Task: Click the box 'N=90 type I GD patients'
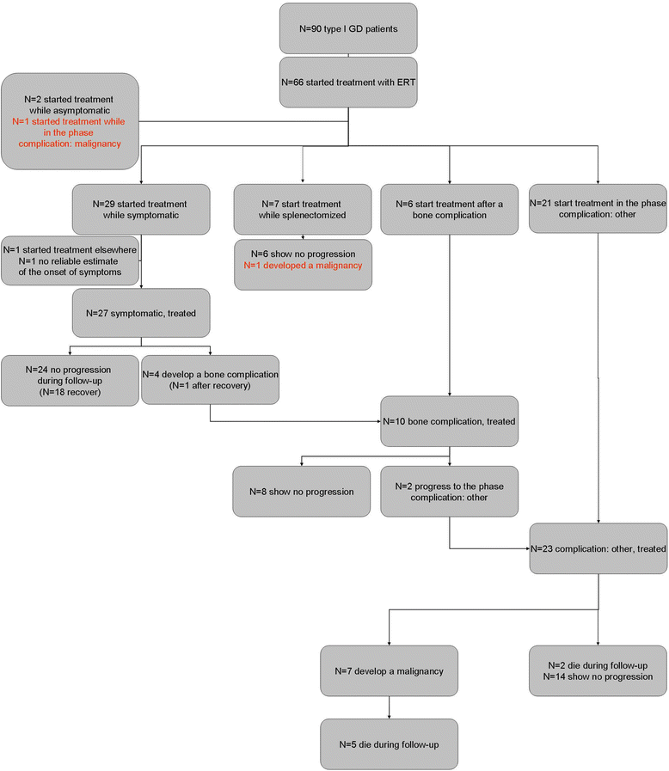(348, 28)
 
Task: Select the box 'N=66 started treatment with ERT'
(348, 83)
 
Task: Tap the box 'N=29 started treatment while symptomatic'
(141, 210)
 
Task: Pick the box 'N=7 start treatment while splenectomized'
(303, 210)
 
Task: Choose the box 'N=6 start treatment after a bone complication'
(449, 210)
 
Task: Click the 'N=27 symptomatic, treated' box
(141, 313)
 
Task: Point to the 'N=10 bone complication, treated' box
(449, 421)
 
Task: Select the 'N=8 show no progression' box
(302, 492)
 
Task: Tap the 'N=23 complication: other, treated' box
(598, 548)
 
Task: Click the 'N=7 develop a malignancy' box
(389, 671)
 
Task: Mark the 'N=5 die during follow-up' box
(389, 744)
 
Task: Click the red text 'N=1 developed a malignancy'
(303, 266)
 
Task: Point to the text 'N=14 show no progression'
(598, 677)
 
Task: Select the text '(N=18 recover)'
(70, 393)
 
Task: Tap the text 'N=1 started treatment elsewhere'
(70, 250)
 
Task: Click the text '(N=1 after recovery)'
(210, 386)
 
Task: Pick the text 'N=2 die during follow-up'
(598, 666)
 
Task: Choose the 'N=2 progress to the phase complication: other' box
(449, 492)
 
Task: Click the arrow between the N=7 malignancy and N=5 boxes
(389, 707)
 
